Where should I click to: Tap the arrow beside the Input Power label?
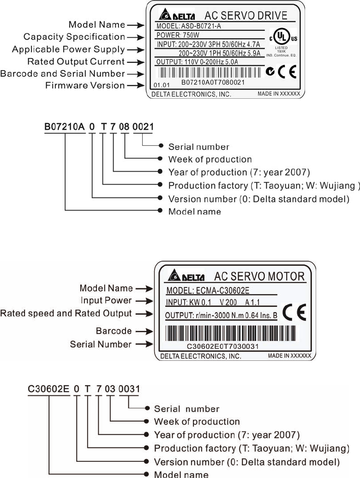[144, 301]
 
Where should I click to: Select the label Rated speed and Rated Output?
[66, 313]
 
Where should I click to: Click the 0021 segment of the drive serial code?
[143, 127]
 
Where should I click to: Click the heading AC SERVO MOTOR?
[259, 276]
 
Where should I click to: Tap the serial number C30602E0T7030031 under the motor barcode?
[222, 346]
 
